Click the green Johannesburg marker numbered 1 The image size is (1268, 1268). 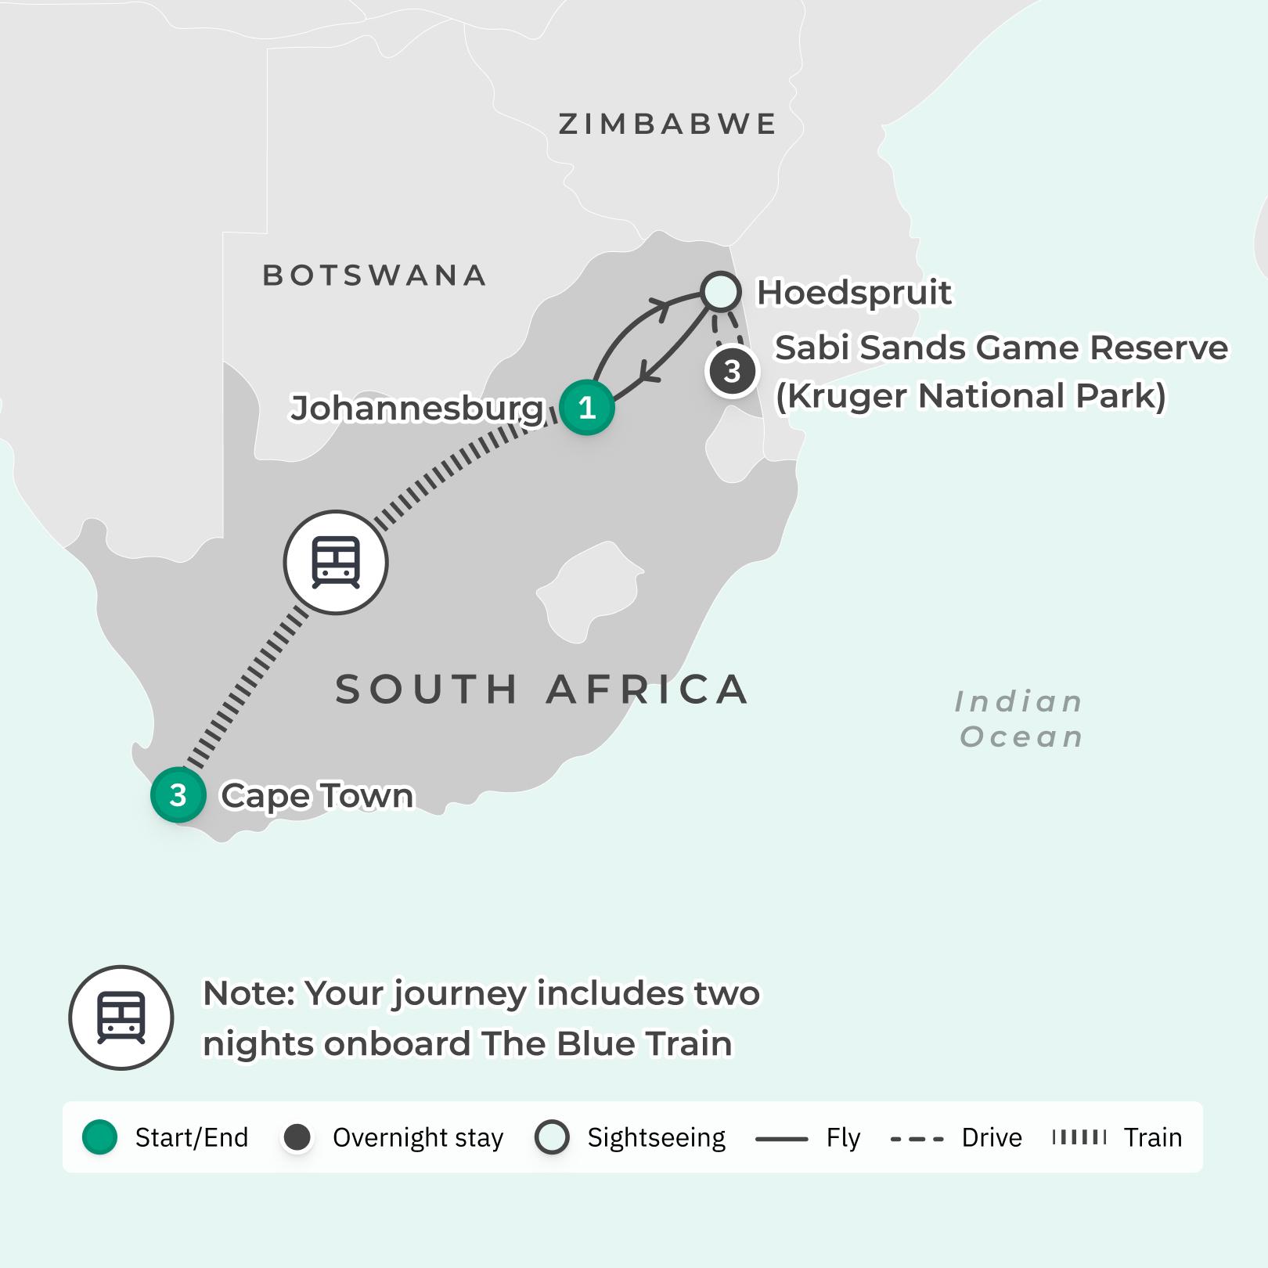(586, 407)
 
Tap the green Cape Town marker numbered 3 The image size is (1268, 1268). (178, 795)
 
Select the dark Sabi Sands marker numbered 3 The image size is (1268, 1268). (732, 372)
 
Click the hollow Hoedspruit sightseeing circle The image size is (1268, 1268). (720, 292)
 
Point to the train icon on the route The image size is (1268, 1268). (336, 562)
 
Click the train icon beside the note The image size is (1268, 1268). (121, 1018)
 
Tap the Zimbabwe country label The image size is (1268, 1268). (668, 124)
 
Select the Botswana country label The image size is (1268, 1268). (374, 276)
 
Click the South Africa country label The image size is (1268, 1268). (542, 690)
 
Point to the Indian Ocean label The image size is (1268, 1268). (1019, 719)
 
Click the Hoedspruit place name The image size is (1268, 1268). (854, 293)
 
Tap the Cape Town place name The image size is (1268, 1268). (317, 795)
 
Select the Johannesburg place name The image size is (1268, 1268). (416, 408)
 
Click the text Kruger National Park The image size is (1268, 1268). (971, 395)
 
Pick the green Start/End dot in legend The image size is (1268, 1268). (99, 1137)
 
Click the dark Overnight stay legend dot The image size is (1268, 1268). (297, 1137)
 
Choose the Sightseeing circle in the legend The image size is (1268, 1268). (552, 1137)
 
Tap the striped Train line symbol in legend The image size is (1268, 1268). (1079, 1137)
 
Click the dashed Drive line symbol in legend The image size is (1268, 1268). (917, 1138)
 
